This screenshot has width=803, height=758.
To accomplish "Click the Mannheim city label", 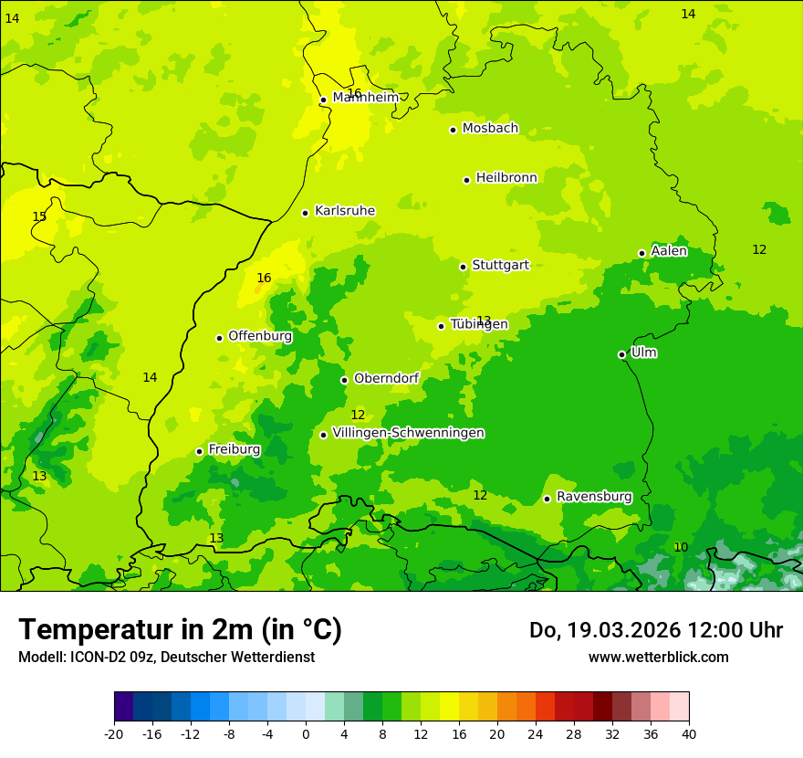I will pyautogui.click(x=366, y=98).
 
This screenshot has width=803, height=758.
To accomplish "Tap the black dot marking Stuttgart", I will pyautogui.click(x=463, y=267).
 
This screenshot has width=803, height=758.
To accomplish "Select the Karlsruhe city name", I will pyautogui.click(x=345, y=211).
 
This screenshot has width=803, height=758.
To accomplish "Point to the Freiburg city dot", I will pyautogui.click(x=199, y=451).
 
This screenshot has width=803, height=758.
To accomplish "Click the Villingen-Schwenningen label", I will pyautogui.click(x=408, y=433).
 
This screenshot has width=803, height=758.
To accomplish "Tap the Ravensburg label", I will pyautogui.click(x=594, y=497).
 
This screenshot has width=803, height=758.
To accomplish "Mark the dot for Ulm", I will pyautogui.click(x=621, y=354).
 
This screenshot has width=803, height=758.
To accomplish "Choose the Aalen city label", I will pyautogui.click(x=669, y=251).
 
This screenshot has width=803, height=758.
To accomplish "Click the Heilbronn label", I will pyautogui.click(x=506, y=178).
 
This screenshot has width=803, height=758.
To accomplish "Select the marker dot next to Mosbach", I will pyautogui.click(x=453, y=130).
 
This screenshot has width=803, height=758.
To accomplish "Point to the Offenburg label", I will pyautogui.click(x=260, y=336).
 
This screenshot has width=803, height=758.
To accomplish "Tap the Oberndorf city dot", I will pyautogui.click(x=344, y=380).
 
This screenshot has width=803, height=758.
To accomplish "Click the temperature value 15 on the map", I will pyautogui.click(x=39, y=216).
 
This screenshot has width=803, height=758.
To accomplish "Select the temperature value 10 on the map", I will pyautogui.click(x=681, y=547).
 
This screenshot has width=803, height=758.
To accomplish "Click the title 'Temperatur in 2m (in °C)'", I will pyautogui.click(x=180, y=630).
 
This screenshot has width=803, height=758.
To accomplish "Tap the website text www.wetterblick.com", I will pyautogui.click(x=658, y=658).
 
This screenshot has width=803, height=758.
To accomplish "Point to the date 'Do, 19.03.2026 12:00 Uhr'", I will pyautogui.click(x=655, y=630).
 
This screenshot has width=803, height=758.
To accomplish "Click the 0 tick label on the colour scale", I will pyautogui.click(x=306, y=734).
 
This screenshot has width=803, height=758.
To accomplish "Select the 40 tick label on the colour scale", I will pyautogui.click(x=688, y=734).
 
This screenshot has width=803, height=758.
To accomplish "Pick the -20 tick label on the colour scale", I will pyautogui.click(x=113, y=734).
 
